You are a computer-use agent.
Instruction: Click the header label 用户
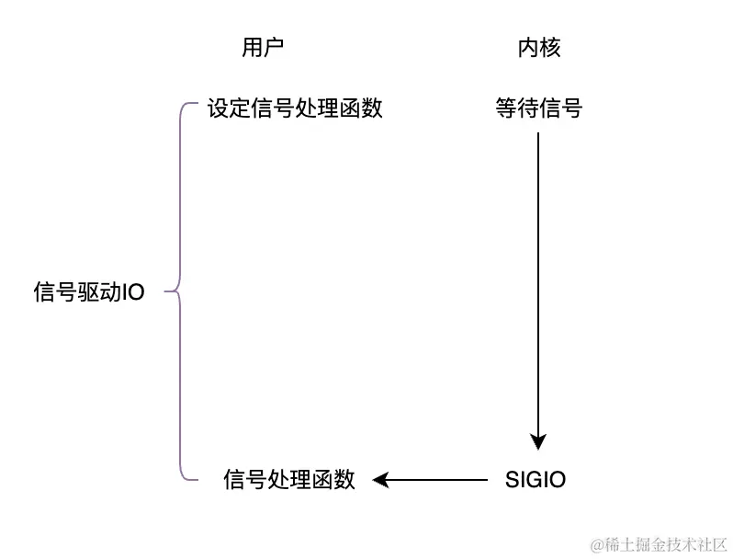click(262, 49)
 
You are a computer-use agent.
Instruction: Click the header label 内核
click(538, 49)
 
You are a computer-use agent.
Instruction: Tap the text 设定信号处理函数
click(294, 108)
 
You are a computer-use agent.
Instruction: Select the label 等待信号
click(538, 108)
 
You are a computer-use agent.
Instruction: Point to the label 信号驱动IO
click(89, 293)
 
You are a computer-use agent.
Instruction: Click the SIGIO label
click(536, 480)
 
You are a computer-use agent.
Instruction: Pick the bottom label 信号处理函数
click(289, 480)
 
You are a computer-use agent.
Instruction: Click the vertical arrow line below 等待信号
click(538, 276)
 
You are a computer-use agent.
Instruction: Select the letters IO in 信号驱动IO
click(134, 293)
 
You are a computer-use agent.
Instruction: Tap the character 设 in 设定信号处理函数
click(218, 108)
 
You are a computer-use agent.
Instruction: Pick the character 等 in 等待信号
click(505, 108)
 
